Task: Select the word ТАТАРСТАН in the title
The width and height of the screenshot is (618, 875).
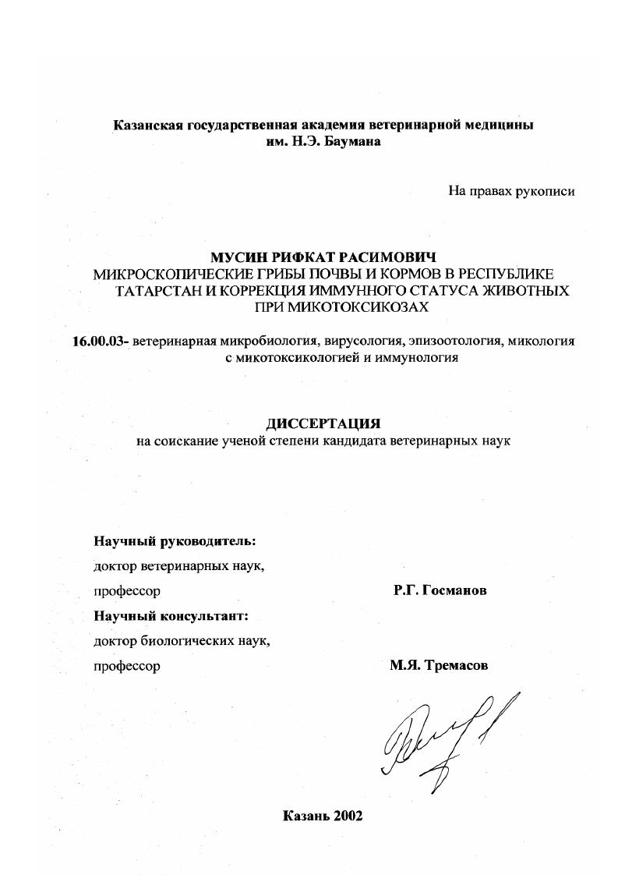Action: point(154,291)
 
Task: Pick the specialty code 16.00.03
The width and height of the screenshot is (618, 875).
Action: point(99,342)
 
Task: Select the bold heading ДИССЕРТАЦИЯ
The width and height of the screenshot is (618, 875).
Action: point(323,423)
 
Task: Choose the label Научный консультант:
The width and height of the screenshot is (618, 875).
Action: point(171,616)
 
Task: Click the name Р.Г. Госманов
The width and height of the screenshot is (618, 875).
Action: point(440,591)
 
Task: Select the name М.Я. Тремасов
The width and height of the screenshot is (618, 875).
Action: point(440,666)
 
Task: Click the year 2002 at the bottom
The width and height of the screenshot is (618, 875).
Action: point(348,816)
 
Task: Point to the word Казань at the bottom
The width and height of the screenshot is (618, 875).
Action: point(305,816)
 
